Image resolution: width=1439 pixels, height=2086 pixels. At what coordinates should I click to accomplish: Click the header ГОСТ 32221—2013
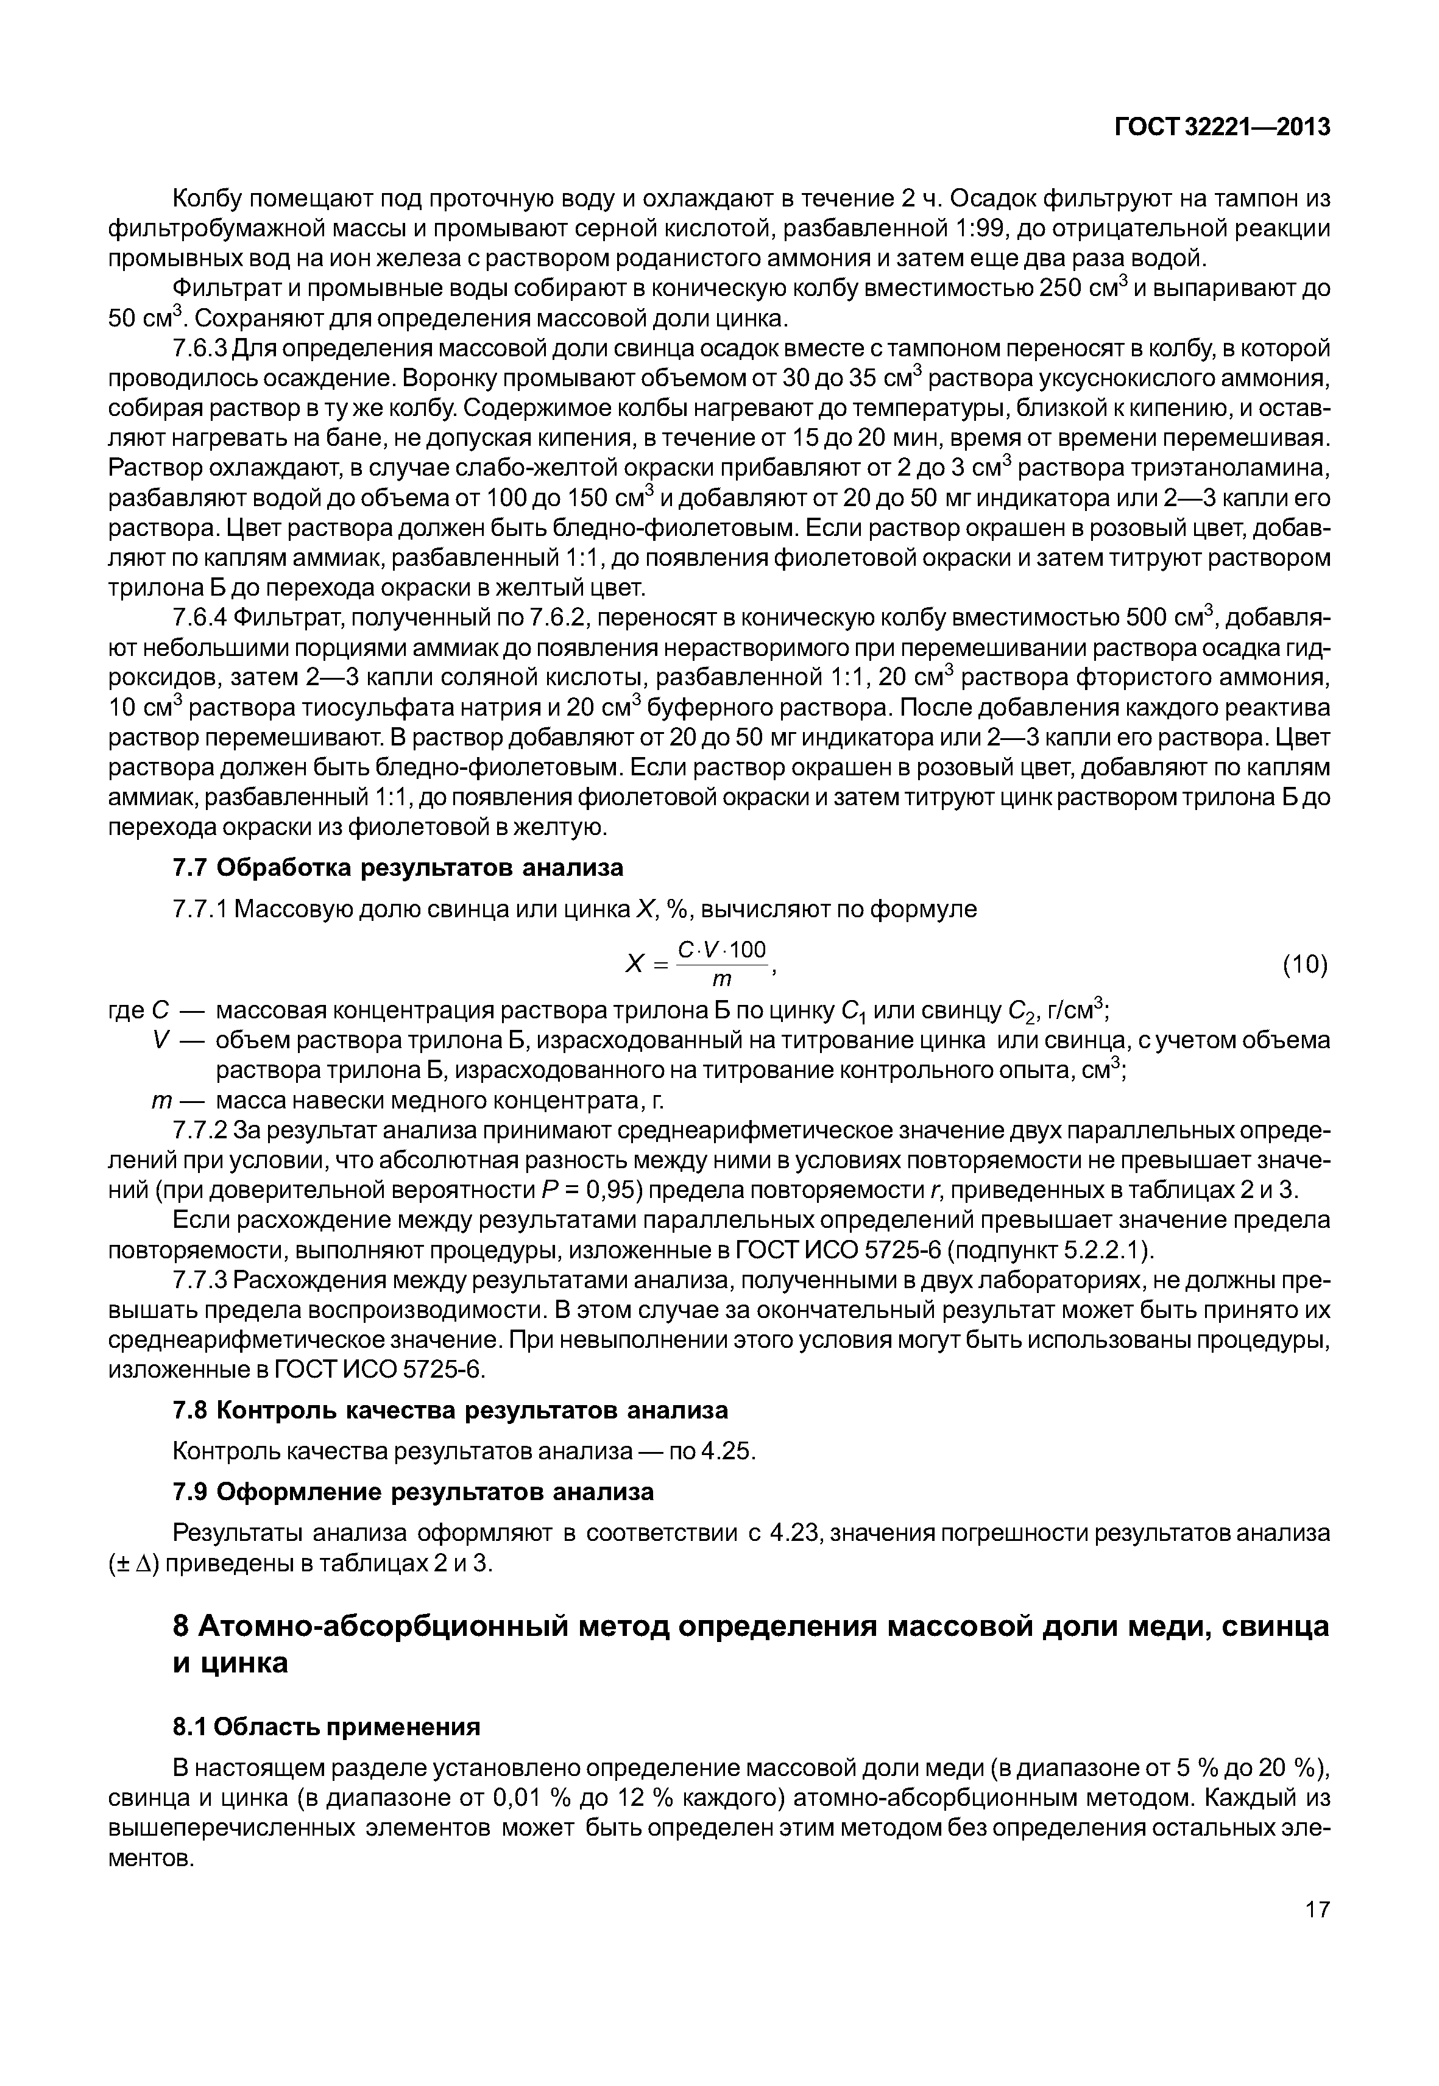1222,128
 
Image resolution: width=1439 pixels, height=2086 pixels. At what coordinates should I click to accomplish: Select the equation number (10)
1304,965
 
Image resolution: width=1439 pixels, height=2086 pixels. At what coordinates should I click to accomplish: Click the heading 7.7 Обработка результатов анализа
398,868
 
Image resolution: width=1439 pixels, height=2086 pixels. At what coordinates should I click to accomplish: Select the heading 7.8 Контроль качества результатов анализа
450,1410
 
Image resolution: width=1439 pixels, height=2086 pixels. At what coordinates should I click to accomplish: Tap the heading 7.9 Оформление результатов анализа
413,1493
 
